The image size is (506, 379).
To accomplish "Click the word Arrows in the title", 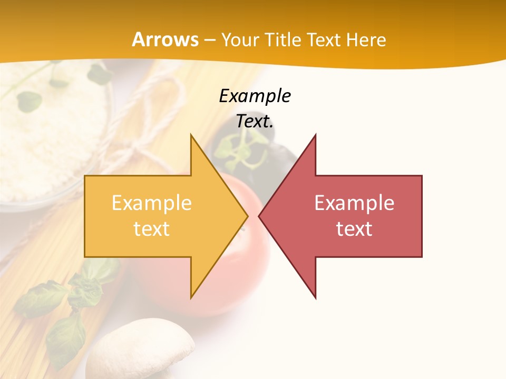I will [166, 39].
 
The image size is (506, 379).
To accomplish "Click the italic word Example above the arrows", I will [255, 96].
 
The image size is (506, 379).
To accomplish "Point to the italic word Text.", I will [255, 121].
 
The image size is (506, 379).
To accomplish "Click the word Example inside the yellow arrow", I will [152, 203].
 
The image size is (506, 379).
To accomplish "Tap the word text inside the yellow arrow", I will [152, 229].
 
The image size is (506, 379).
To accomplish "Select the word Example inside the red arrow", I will [354, 203].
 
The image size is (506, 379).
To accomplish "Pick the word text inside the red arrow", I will [354, 229].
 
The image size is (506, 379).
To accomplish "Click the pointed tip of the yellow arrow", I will [248, 216].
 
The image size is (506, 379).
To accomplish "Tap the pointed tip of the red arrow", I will [259, 216].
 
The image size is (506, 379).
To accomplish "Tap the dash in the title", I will [209, 40].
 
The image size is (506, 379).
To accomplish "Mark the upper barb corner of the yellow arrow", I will [191, 135].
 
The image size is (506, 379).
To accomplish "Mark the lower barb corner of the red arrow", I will [316, 298].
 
